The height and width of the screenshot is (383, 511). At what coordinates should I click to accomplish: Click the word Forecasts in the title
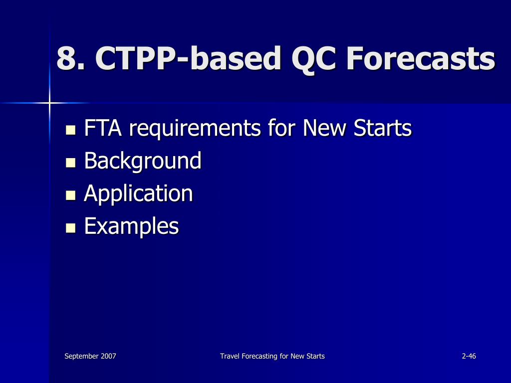421,58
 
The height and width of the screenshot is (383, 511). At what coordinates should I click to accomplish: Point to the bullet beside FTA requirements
71,131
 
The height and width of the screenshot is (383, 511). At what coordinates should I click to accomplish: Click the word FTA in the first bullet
102,129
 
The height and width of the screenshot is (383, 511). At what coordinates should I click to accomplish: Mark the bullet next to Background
71,163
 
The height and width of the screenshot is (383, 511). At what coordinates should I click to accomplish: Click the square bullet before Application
71,195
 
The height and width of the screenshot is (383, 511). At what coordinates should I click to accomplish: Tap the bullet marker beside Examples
71,228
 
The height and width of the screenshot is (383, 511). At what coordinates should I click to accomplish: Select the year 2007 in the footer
108,356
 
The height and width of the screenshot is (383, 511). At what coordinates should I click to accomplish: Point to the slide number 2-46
469,356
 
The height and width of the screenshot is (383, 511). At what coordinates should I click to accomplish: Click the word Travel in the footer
229,356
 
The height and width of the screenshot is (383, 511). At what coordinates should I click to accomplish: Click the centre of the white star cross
49,103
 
